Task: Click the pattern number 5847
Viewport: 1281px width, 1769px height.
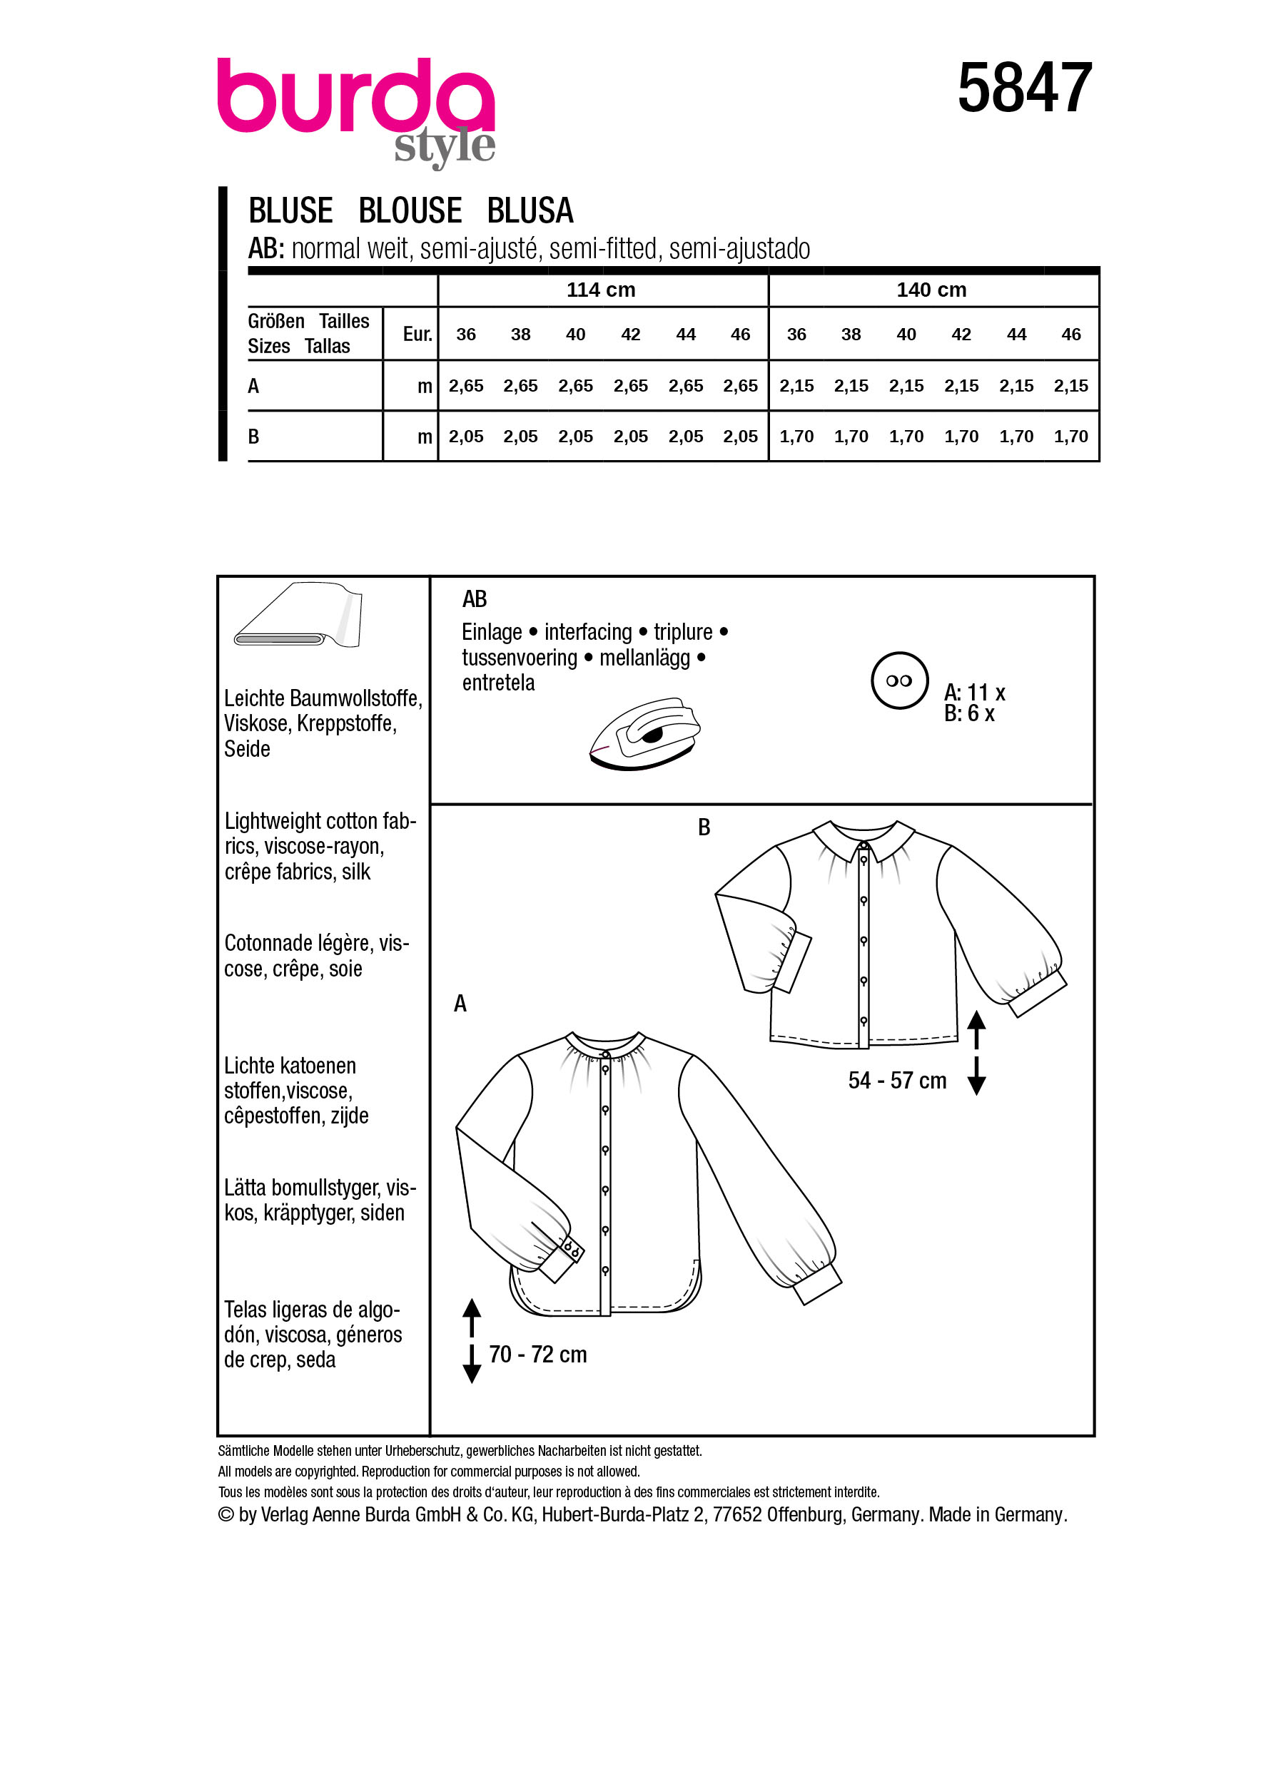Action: click(x=1023, y=88)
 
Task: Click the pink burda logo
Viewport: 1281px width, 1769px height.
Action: click(x=355, y=97)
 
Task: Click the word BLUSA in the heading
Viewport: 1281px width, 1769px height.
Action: click(x=530, y=210)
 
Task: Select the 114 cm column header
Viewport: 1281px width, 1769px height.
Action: click(x=601, y=290)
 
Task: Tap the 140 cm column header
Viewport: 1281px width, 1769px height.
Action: click(x=931, y=290)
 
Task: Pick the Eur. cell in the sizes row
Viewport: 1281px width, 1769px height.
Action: click(x=417, y=335)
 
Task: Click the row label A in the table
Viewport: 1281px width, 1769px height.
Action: click(x=253, y=386)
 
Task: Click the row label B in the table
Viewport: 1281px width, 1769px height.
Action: click(x=253, y=437)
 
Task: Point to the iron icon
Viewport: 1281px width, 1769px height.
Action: click(x=644, y=734)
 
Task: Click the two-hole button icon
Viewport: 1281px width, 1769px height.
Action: click(x=898, y=680)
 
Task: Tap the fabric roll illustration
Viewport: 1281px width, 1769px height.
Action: click(x=298, y=616)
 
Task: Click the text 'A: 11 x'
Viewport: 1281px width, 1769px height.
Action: click(x=973, y=692)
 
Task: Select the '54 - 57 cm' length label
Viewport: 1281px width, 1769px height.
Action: click(x=897, y=1080)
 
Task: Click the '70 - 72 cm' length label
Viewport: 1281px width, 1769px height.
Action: click(x=537, y=1355)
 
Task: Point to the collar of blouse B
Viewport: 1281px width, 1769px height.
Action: click(x=863, y=837)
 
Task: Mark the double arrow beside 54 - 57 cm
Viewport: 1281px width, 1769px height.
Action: click(x=976, y=1053)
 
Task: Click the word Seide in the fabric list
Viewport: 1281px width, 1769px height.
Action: click(x=248, y=749)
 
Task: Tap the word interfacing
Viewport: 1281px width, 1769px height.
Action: click(x=587, y=632)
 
